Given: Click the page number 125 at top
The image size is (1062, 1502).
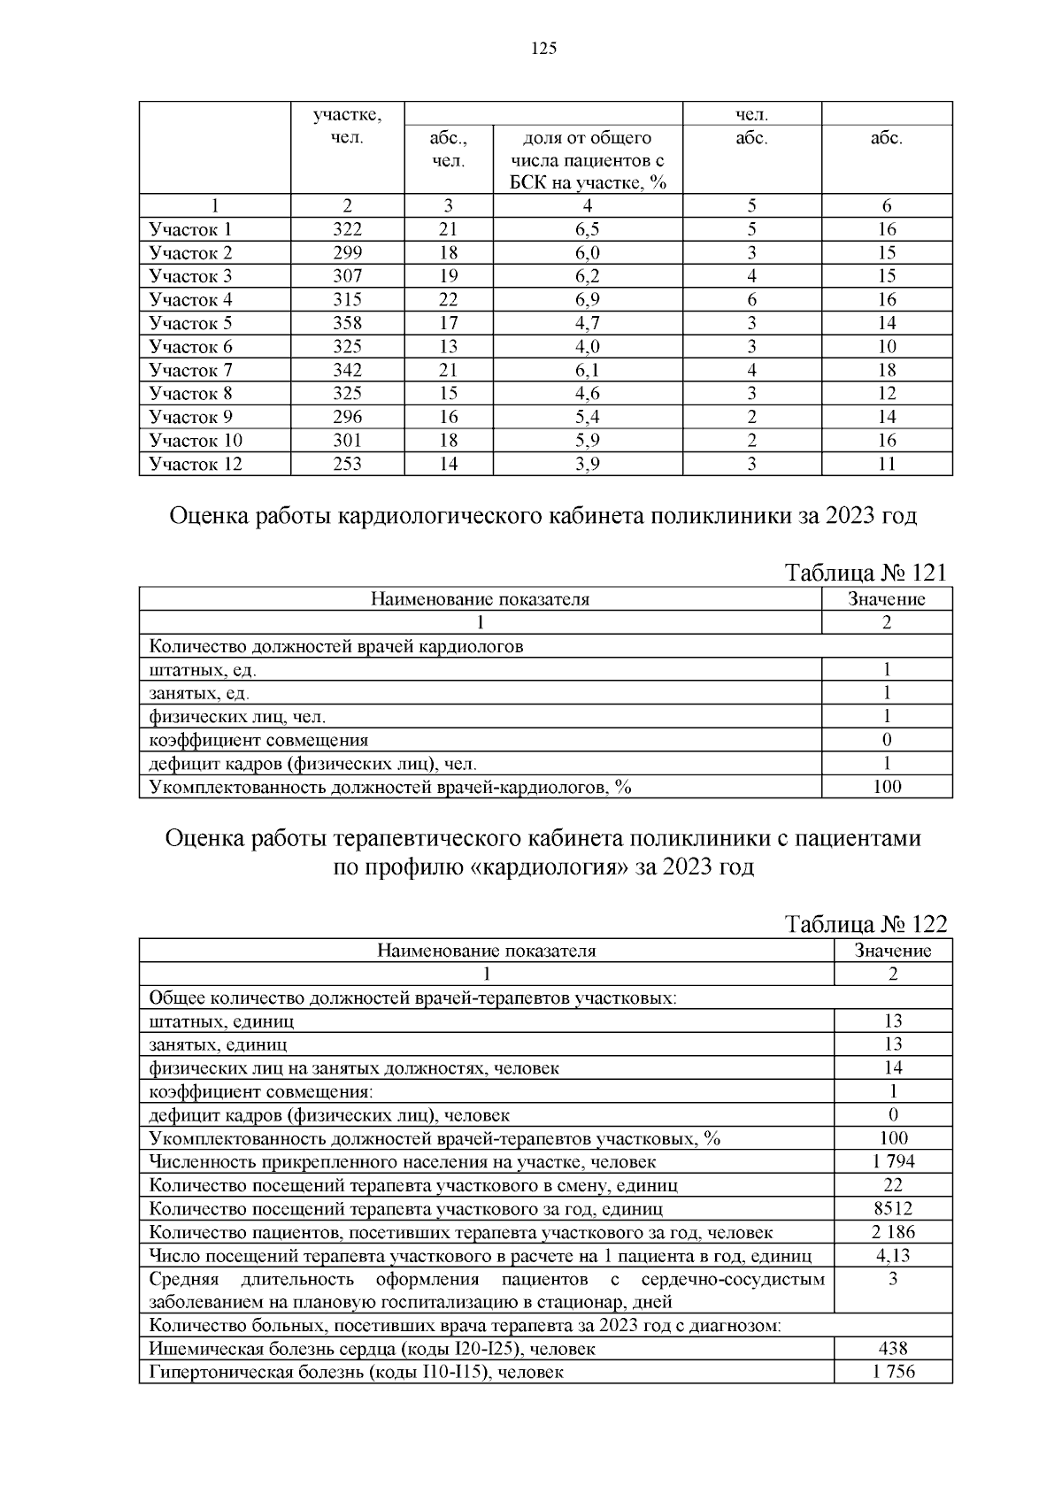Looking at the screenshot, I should (x=543, y=50).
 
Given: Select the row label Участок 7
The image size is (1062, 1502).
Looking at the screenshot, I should (x=191, y=370).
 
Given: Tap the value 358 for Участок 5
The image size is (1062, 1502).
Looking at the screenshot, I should (x=347, y=323).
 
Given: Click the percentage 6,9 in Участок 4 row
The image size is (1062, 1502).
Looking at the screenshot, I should (x=587, y=300).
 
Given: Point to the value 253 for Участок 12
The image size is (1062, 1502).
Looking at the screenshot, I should (x=347, y=464).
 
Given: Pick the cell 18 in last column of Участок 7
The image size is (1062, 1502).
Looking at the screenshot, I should (x=887, y=370).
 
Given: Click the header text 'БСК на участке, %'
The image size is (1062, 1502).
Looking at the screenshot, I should (x=587, y=183).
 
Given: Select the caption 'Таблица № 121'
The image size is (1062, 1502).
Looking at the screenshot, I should (x=866, y=573).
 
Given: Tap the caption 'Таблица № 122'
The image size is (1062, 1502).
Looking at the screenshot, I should (x=866, y=924).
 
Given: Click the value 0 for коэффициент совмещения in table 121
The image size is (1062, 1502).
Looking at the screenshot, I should (x=887, y=740).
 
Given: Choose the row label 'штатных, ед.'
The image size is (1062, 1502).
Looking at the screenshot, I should (x=203, y=670).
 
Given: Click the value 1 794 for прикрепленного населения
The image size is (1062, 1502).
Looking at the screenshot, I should (x=893, y=1161).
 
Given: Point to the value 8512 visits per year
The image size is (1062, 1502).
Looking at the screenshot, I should (x=893, y=1208).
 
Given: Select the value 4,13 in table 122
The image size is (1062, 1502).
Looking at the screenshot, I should (x=893, y=1255).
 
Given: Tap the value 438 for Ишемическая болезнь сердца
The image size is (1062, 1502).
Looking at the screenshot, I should (x=893, y=1349).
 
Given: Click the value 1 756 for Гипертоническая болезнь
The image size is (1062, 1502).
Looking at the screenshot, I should (x=893, y=1372).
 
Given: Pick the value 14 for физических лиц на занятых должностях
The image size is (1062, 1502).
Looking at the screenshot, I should (x=893, y=1067).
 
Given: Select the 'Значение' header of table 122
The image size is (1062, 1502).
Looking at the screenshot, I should (x=893, y=951).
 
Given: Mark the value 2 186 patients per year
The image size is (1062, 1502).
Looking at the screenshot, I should (x=893, y=1232).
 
